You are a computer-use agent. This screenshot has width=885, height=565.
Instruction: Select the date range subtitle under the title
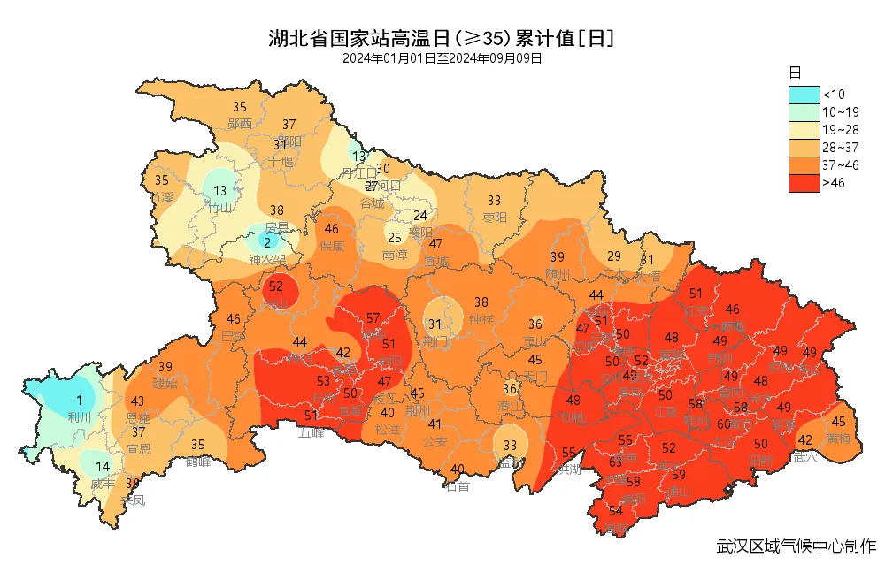[442, 58]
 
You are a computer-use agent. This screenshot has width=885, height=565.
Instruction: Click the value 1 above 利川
[79, 401]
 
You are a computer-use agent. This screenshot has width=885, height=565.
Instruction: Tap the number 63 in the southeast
[616, 462]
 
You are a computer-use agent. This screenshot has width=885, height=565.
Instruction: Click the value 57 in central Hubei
[373, 318]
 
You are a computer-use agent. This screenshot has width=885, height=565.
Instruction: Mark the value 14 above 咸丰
[104, 466]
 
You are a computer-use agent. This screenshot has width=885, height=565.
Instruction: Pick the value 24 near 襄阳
[421, 215]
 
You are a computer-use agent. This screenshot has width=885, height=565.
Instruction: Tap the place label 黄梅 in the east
[838, 438]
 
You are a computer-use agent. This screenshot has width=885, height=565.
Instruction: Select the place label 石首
[458, 485]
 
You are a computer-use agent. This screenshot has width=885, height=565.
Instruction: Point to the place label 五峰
[311, 432]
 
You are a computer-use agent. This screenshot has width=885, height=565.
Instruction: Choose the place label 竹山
[219, 207]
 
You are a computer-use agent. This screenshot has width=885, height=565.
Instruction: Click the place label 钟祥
[481, 319]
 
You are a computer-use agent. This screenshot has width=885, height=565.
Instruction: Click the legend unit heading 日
[795, 71]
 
